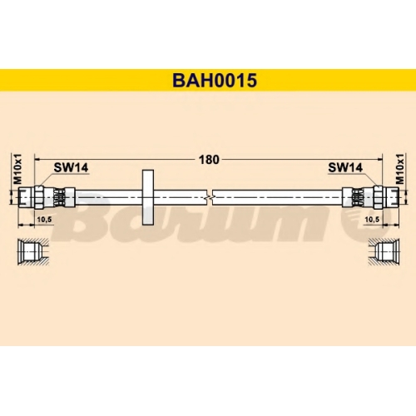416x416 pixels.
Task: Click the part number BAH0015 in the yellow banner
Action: [x=215, y=81]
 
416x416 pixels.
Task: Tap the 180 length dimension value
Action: [x=209, y=160]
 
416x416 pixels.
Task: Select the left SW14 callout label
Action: [x=71, y=167]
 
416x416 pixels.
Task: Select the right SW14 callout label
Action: [x=345, y=167]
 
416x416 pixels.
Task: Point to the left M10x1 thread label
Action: [x=17, y=169]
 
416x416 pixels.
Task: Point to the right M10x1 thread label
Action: [x=400, y=169]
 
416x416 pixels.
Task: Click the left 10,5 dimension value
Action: [x=44, y=220]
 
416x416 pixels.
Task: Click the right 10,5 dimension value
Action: [x=372, y=220]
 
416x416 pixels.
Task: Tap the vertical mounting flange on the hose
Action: [x=148, y=197]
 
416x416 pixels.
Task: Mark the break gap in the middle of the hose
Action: [x=210, y=197]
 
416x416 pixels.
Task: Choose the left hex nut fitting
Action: [x=39, y=197]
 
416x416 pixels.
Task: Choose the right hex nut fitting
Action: [x=378, y=197]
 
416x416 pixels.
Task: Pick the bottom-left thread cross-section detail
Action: [x=33, y=252]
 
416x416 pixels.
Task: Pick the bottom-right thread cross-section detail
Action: [x=384, y=252]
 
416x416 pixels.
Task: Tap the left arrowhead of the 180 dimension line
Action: [x=37, y=160]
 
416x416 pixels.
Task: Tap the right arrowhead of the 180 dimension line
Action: [x=379, y=160]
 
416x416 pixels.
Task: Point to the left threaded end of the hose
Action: [x=26, y=197]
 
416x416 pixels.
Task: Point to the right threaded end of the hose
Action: [x=391, y=197]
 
